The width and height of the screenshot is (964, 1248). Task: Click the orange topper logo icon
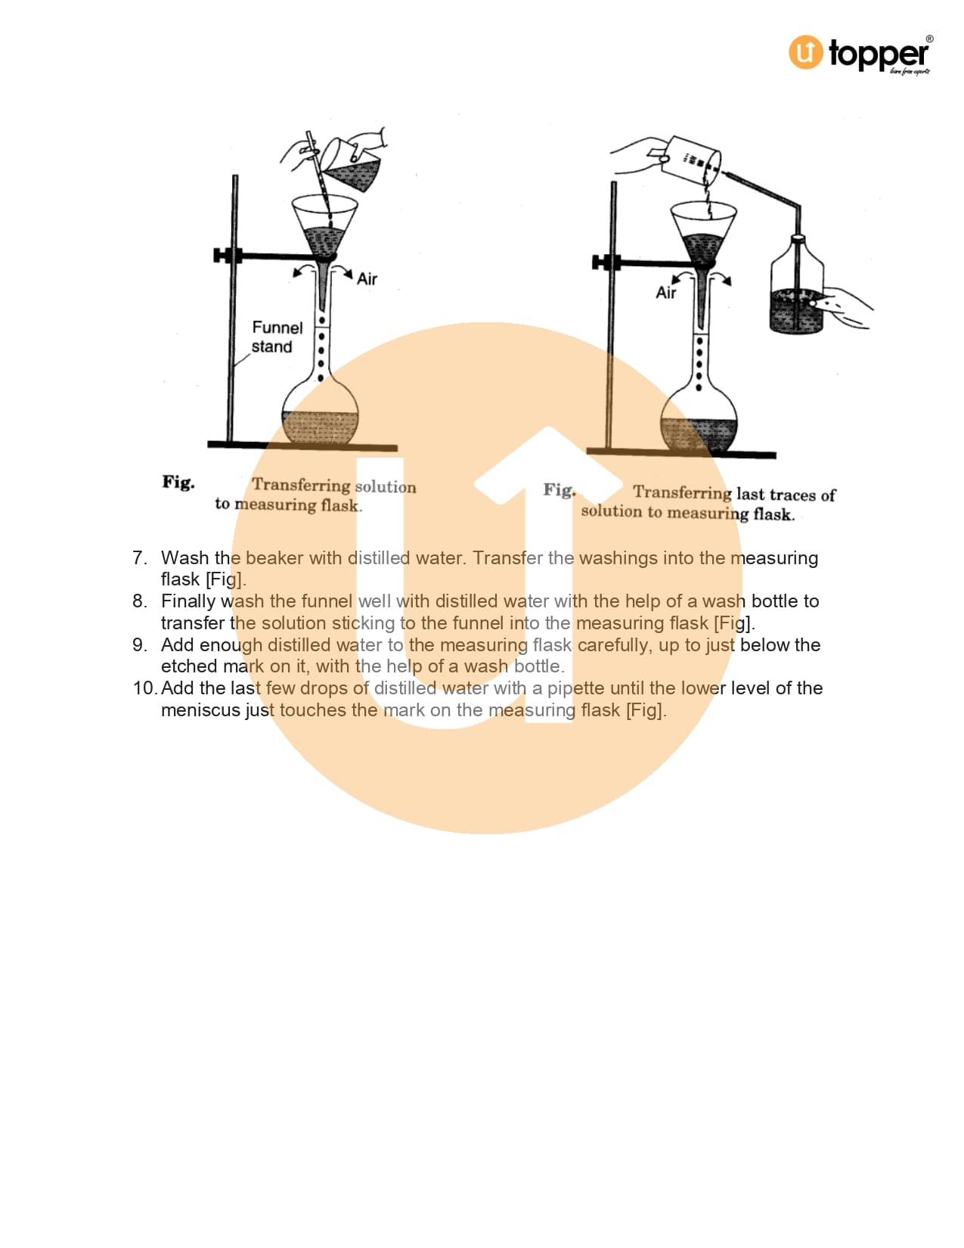pos(805,52)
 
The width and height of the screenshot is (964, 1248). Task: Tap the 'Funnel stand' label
pos(277,337)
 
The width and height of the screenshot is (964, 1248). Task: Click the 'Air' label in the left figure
pos(367,279)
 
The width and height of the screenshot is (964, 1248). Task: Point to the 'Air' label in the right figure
pos(665,293)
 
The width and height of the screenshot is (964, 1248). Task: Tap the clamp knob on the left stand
pos(221,256)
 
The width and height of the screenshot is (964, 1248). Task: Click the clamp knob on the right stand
pos(600,262)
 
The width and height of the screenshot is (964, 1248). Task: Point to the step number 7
pos(140,557)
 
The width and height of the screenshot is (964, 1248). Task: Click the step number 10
pos(144,688)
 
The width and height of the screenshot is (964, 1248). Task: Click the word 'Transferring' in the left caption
pos(301,485)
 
